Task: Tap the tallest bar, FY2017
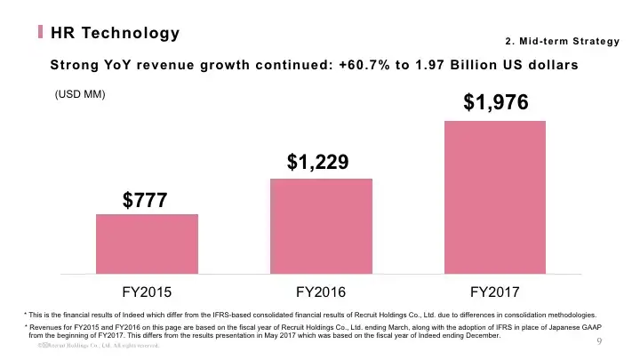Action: (494, 196)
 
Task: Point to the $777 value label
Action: (147, 201)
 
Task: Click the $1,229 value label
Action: (317, 162)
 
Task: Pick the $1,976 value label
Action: (496, 102)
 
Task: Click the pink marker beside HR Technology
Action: (41, 33)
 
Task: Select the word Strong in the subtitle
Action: (77, 65)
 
